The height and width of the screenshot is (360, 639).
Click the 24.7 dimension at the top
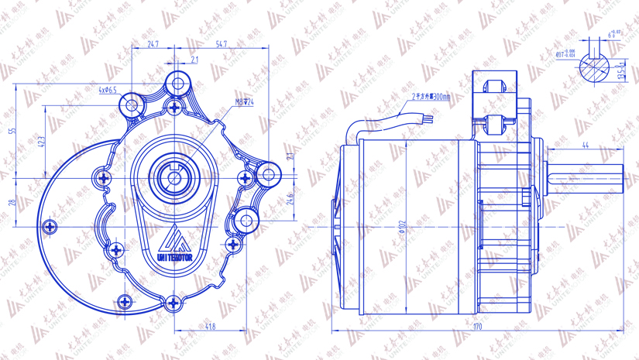coord(153,45)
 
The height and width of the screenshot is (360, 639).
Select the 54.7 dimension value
coord(222,45)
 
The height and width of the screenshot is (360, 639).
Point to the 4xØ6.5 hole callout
coord(108,91)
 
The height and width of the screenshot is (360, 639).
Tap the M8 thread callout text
coord(245,101)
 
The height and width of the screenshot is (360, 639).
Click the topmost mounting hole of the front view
coord(178,82)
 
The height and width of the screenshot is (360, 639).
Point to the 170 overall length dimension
coord(477,327)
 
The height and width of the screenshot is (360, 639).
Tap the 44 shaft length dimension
coord(585,146)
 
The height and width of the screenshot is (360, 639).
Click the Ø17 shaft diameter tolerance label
coord(567,53)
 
